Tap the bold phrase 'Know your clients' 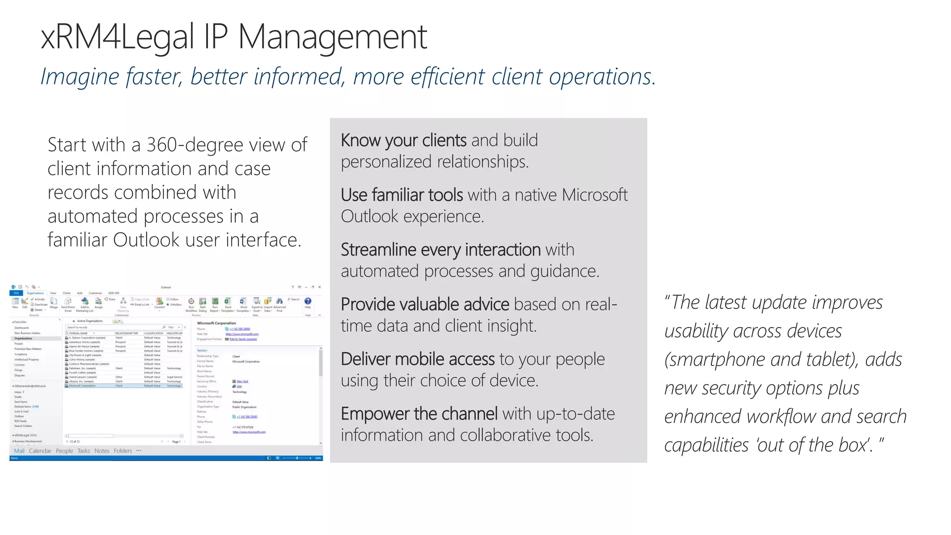(x=403, y=140)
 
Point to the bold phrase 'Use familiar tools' (x=402, y=195)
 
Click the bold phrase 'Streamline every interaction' (x=440, y=250)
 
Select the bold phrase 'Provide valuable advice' (x=425, y=305)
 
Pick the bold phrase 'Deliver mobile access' (x=417, y=359)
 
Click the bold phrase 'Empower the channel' (x=419, y=414)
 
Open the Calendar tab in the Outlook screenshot (x=40, y=451)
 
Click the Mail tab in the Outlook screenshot (x=19, y=451)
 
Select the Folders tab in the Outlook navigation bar (x=123, y=451)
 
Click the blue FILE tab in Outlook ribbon (x=16, y=293)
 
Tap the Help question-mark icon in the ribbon (x=307, y=301)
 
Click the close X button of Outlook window (x=319, y=287)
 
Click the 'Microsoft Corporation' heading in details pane (x=216, y=323)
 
